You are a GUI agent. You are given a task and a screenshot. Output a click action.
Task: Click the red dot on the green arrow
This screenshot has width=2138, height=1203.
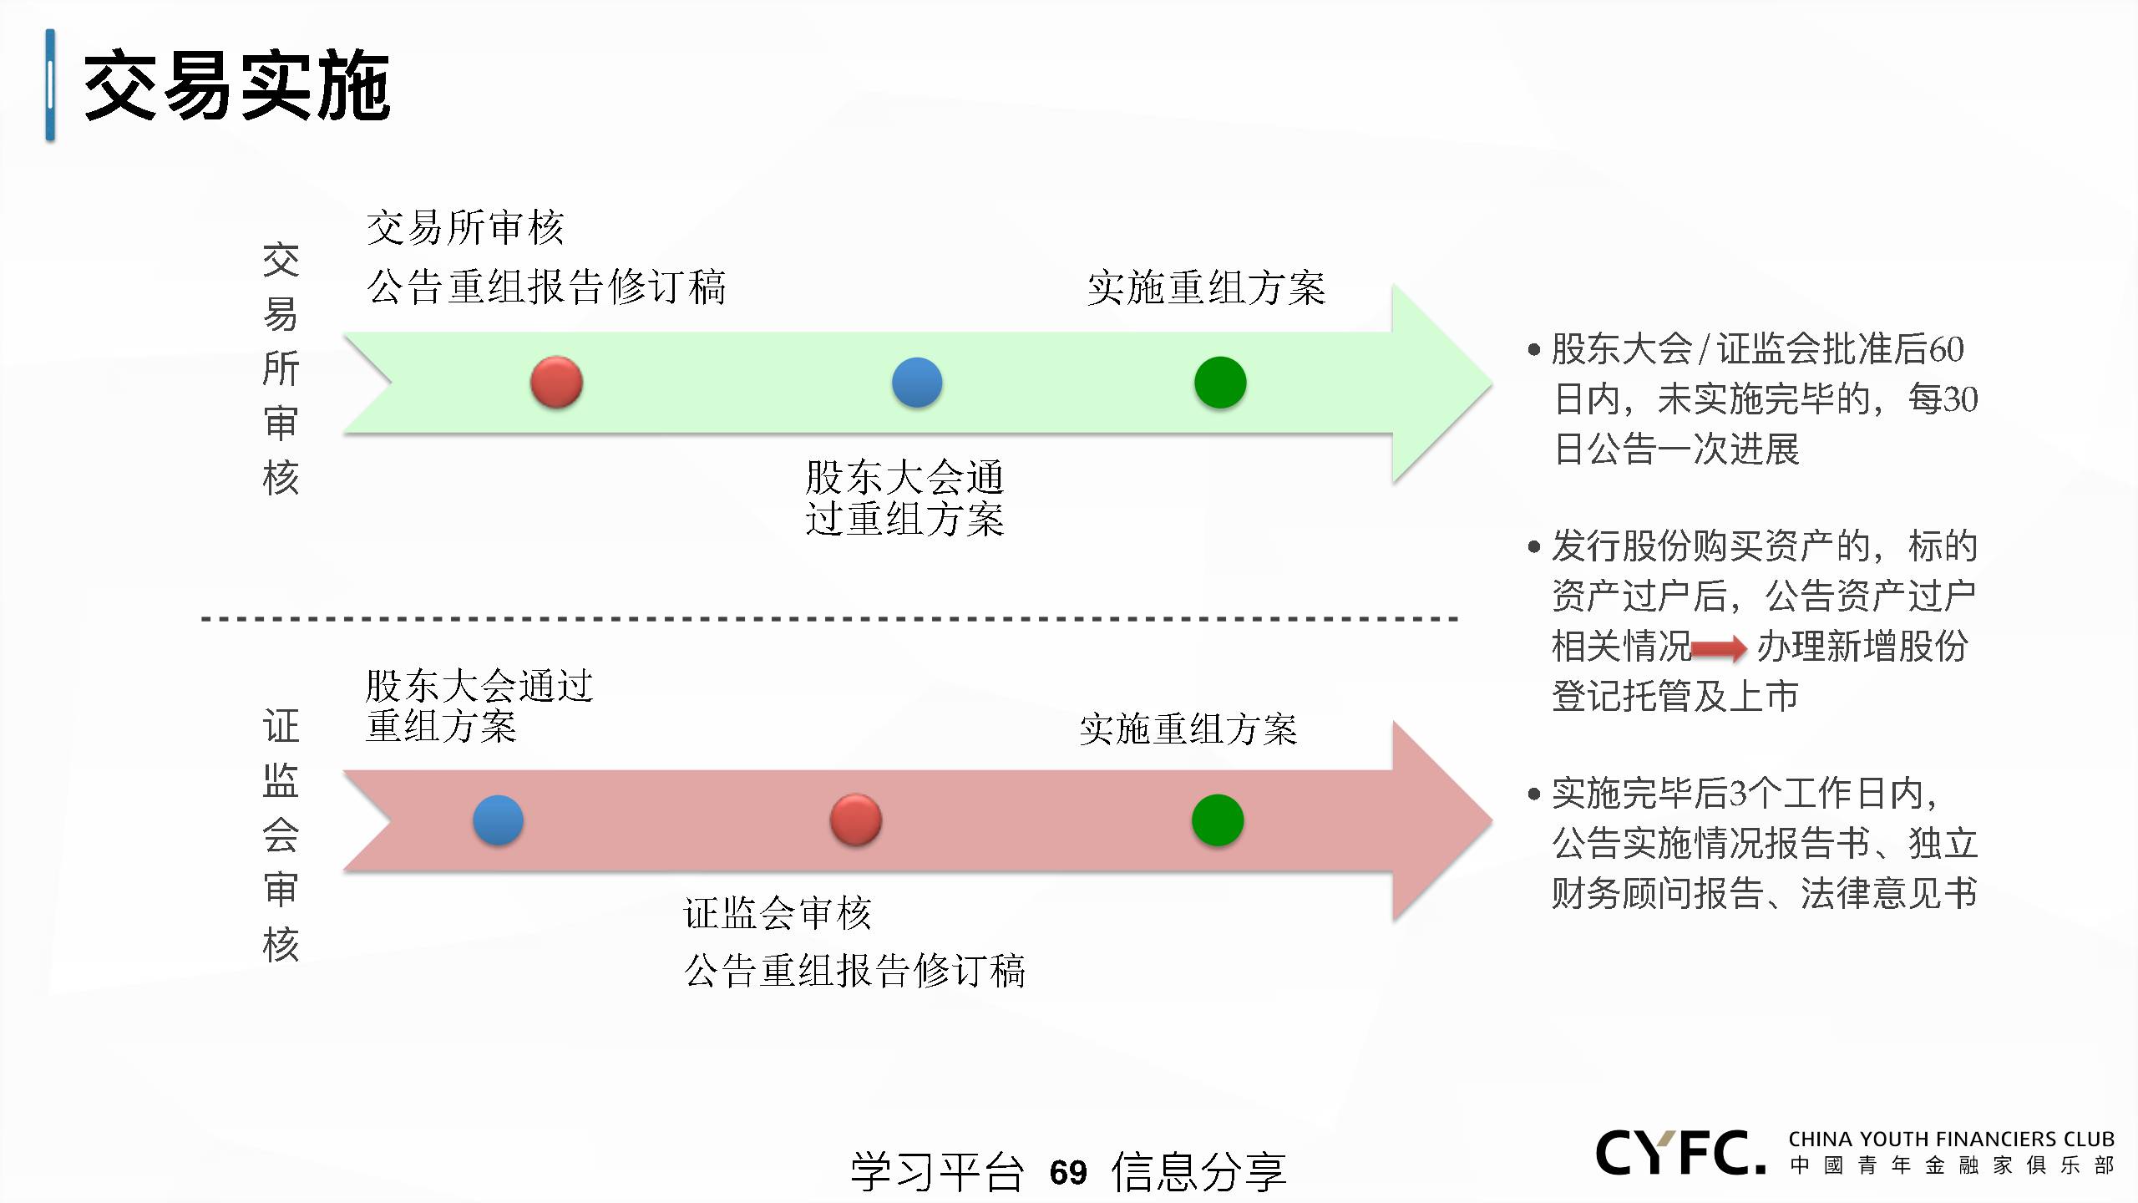[556, 383]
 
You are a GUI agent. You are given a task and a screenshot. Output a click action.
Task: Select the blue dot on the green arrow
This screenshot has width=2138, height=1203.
[917, 383]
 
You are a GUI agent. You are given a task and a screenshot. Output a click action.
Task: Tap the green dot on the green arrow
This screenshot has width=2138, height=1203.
[1220, 383]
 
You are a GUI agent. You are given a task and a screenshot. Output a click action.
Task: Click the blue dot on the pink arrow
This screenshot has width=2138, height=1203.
[498, 820]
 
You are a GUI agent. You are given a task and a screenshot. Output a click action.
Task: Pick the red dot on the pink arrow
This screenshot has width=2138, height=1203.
[855, 820]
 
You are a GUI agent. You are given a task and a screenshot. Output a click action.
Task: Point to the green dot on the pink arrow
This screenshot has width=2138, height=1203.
[1218, 820]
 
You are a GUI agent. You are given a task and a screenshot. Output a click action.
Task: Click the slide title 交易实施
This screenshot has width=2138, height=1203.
[237, 85]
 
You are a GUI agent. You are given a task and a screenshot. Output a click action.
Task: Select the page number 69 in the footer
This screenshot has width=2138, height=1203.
[1068, 1173]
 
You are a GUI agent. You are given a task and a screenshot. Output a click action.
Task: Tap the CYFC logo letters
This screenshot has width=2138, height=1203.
[1680, 1153]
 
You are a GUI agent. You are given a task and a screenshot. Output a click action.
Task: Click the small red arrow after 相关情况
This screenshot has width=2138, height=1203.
[1719, 648]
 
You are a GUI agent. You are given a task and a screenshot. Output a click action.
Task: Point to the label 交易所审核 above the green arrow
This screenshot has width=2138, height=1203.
[465, 227]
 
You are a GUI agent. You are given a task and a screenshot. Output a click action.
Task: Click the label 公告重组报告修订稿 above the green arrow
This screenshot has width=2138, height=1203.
[546, 287]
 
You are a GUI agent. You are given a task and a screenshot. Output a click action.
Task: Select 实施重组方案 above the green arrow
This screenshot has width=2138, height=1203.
[1206, 288]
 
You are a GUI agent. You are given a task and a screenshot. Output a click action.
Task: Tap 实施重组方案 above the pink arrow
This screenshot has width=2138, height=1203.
[1188, 729]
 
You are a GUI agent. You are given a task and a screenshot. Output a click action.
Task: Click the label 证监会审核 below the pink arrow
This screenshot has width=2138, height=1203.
[778, 913]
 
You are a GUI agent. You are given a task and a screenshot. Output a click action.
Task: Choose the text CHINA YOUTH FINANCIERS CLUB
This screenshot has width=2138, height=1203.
[1952, 1140]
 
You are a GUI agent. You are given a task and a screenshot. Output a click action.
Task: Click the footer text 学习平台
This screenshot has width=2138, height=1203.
[937, 1172]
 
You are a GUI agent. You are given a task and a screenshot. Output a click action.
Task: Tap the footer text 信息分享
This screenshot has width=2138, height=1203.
[1198, 1172]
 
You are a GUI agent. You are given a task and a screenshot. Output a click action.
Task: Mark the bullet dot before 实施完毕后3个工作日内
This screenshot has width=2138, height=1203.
[1533, 794]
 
